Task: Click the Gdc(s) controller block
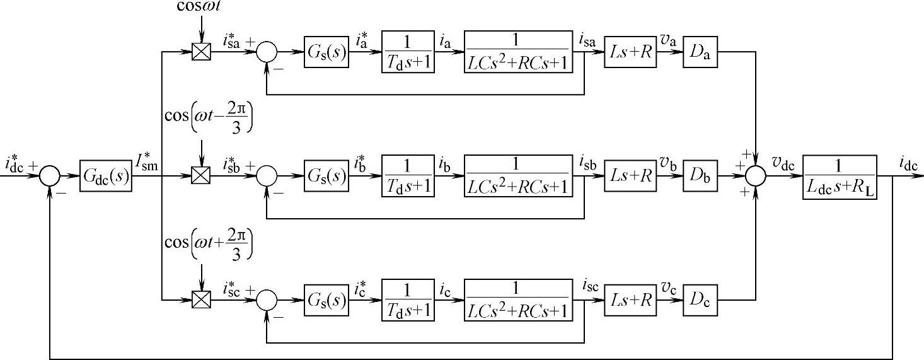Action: coord(106,176)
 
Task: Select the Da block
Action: coord(700,53)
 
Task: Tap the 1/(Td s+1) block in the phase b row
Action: coord(408,176)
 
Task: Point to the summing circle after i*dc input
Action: coord(50,177)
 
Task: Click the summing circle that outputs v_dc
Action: coord(756,177)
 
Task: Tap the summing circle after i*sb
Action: coord(268,176)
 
